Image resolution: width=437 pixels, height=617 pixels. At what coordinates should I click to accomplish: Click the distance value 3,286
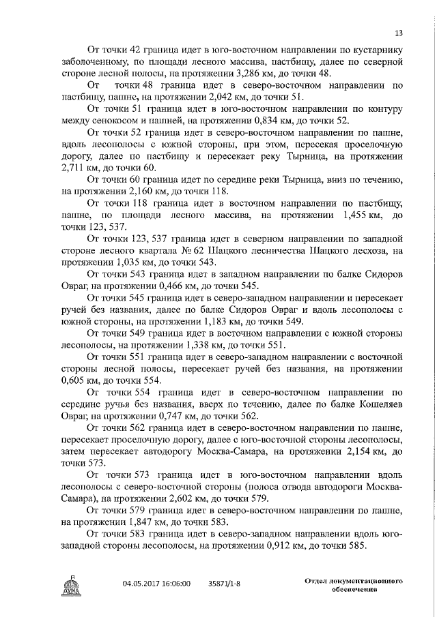[x=264, y=73]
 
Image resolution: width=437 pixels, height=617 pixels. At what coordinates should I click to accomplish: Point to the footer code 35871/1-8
[x=226, y=584]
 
